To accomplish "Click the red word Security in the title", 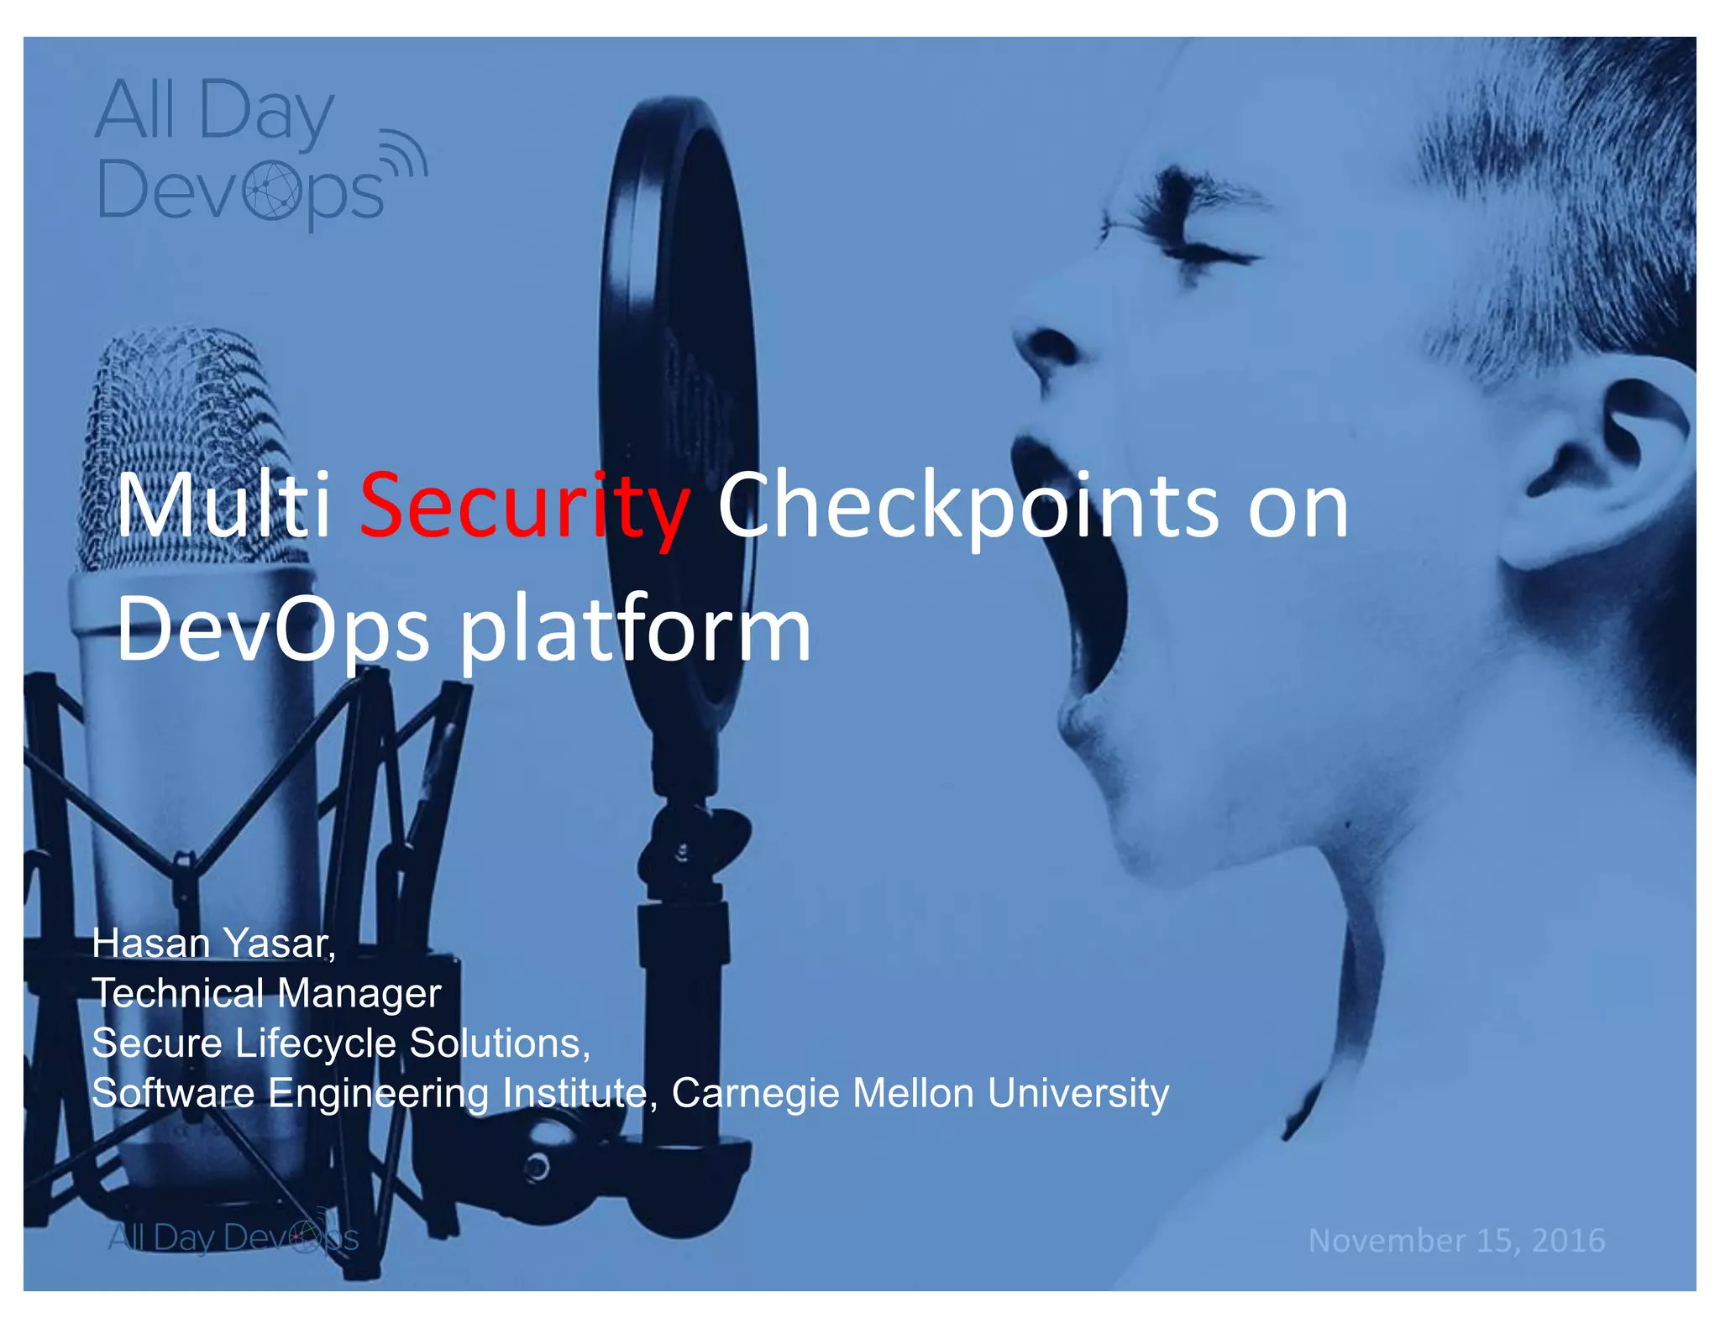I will pyautogui.click(x=525, y=506).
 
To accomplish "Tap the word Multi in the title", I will pyautogui.click(x=223, y=506).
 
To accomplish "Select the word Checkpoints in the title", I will pyautogui.click(x=966, y=506).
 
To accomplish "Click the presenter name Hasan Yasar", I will pyautogui.click(x=213, y=944).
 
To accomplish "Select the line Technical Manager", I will pyautogui.click(x=266, y=994).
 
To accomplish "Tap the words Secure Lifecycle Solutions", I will pyautogui.click(x=340, y=1043).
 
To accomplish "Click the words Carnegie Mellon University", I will pyautogui.click(x=920, y=1093).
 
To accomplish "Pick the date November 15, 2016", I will pyautogui.click(x=1456, y=1240).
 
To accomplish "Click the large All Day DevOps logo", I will pyautogui.click(x=244, y=151).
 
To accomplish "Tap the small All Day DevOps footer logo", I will pyautogui.click(x=233, y=1237).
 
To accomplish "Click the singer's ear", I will pyautogui.click(x=1596, y=470).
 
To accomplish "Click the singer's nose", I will pyautogui.click(x=1050, y=344).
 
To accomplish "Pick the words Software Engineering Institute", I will pyautogui.click(x=370, y=1093).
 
